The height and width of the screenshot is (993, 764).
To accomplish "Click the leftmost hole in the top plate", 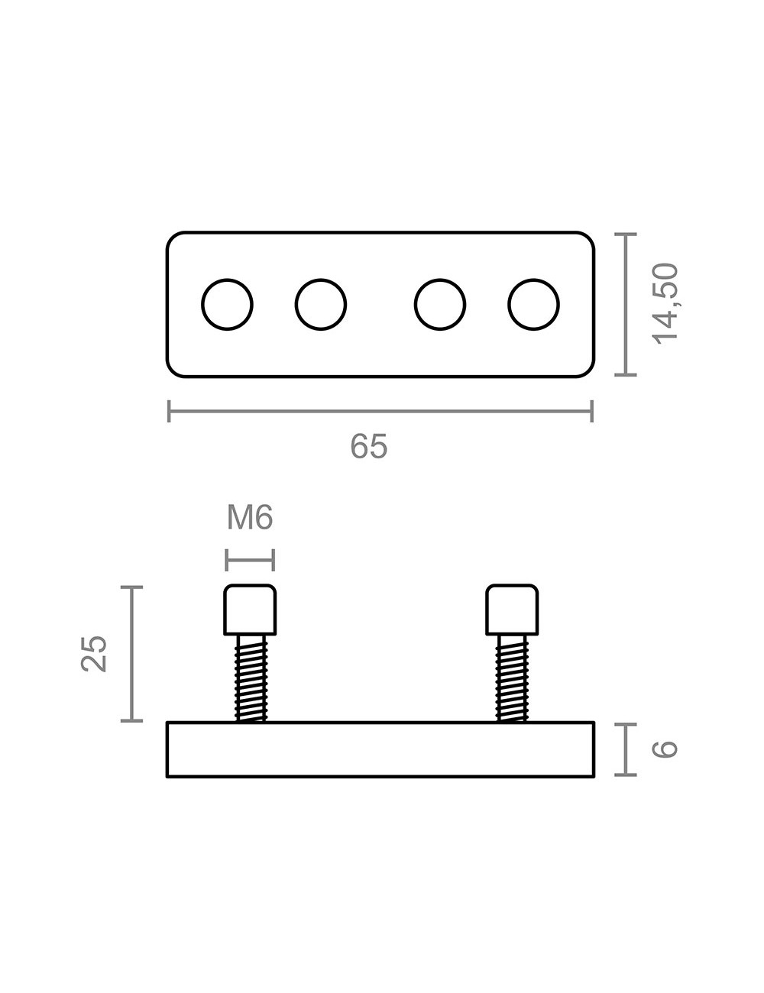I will (x=228, y=305).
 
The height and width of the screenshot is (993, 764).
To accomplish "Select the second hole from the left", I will (x=321, y=305).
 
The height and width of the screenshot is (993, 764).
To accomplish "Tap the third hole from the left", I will (x=440, y=305).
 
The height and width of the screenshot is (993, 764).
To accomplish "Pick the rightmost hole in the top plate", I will (x=534, y=305).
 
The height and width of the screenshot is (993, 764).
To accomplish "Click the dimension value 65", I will (x=369, y=446).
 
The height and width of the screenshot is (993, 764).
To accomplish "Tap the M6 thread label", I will (x=250, y=519).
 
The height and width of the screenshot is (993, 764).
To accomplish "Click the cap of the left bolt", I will (x=250, y=610).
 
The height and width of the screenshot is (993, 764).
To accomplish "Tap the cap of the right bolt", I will (x=512, y=610).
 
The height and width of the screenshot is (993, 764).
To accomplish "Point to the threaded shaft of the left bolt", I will (x=251, y=678).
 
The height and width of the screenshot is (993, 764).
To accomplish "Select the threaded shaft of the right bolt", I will (x=512, y=678).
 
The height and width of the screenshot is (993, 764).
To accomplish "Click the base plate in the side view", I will (x=380, y=749).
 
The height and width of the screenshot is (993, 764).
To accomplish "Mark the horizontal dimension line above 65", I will (x=380, y=412).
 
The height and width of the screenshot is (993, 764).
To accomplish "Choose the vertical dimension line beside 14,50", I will (x=626, y=304).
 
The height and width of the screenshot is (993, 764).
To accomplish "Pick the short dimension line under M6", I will (x=250, y=560).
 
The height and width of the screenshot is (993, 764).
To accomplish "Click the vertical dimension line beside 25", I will (x=132, y=653).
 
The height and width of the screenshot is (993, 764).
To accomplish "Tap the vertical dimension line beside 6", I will (x=626, y=749).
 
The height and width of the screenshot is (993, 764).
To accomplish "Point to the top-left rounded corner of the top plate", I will (x=173, y=238).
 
